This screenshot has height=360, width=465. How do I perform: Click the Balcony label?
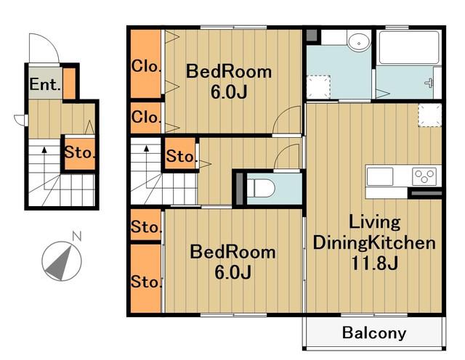click(x=374, y=332)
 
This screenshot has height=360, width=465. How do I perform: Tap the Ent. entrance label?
click(x=45, y=84)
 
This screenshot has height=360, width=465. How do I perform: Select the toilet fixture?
click(x=261, y=188)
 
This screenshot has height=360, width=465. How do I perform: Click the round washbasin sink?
click(x=359, y=42)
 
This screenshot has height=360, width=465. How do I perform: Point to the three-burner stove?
click(x=424, y=176)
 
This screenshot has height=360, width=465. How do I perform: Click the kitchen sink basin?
click(x=380, y=176)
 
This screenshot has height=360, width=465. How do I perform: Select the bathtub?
click(x=409, y=47)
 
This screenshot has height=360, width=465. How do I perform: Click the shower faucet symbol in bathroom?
click(x=429, y=83)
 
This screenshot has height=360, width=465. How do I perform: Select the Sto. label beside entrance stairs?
click(x=79, y=152)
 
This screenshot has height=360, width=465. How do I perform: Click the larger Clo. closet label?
click(x=146, y=66)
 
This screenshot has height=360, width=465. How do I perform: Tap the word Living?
click(x=375, y=222)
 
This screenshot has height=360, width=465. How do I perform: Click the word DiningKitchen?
click(x=374, y=243)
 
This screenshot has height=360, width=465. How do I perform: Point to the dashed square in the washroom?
click(x=318, y=86)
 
